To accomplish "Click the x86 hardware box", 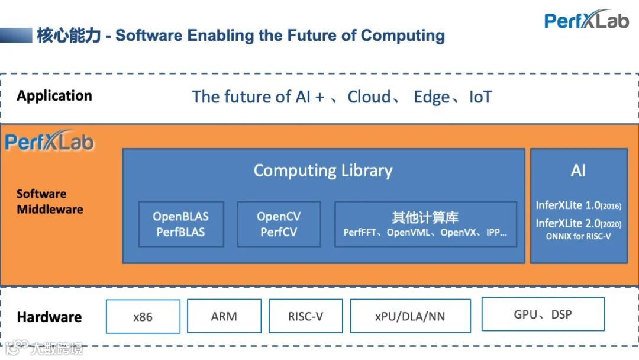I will point(143,317).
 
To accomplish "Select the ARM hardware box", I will point(224,317).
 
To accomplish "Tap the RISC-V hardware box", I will point(305,317).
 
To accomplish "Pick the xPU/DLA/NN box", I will point(410,317).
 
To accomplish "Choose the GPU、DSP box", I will point(543,314).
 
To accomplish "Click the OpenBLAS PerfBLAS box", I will point(181,224).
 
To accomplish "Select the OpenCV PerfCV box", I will point(279,224).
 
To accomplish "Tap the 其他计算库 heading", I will point(425,217).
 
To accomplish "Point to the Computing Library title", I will point(323,171).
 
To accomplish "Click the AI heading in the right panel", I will point(578,171).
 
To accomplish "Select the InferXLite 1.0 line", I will point(578,205).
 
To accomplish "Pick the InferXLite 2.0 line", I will point(578,223).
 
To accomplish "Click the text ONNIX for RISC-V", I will point(578,236).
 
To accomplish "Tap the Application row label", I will point(54,96).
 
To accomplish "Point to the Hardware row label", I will point(49,317).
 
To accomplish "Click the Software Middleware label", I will point(50,201).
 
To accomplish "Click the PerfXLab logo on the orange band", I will point(50,142).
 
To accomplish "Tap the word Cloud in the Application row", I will point(369,97).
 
